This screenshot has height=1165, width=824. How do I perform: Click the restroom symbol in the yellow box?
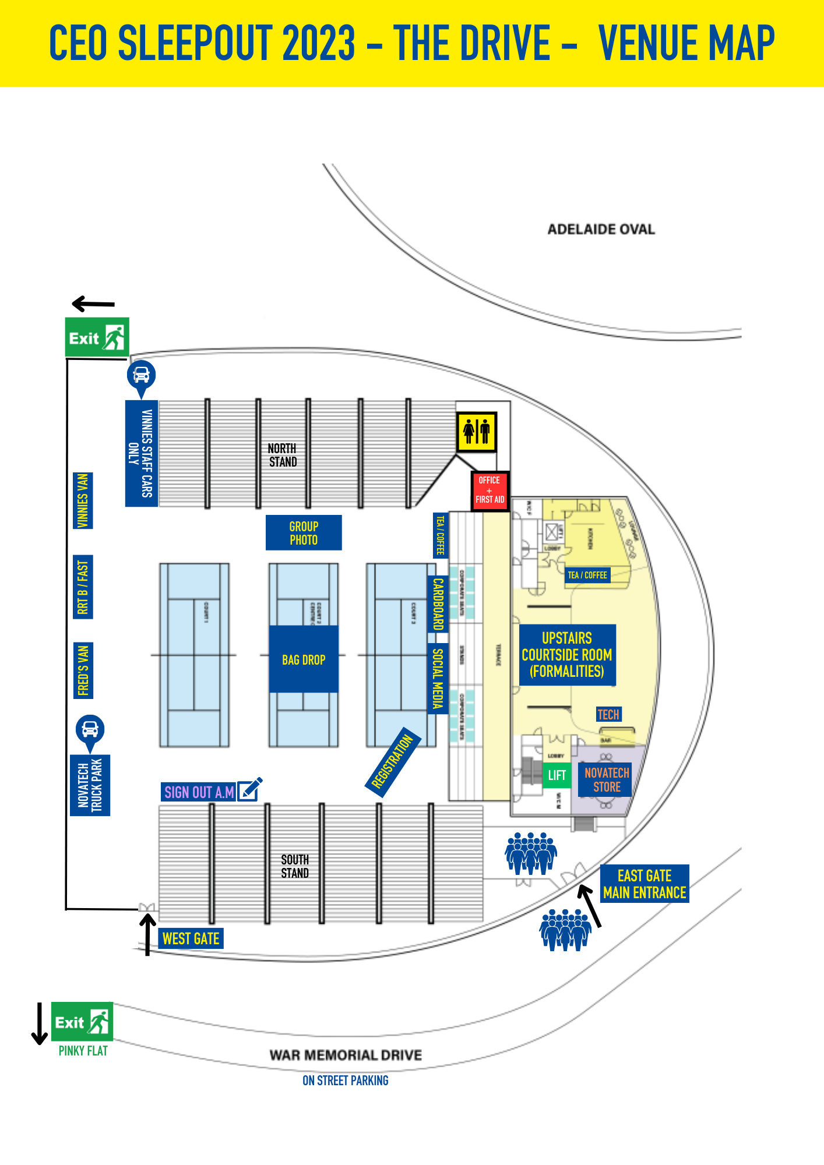point(476,432)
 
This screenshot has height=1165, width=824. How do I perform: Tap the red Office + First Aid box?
point(490,490)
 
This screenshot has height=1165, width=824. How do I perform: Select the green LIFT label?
point(557,775)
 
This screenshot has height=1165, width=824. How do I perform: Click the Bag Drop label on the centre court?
point(304,660)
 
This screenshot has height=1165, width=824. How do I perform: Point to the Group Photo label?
point(304,532)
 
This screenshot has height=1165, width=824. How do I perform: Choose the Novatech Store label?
point(607,780)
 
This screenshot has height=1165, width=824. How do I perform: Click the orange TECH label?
point(608,715)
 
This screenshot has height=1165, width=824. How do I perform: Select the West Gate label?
point(191,938)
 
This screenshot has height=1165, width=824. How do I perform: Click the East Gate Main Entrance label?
point(645,884)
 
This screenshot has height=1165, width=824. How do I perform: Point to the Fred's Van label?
point(83,670)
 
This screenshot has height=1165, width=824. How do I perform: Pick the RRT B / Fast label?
point(83,587)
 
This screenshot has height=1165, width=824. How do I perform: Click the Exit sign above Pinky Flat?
point(82,1022)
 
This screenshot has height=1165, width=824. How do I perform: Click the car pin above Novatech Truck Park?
point(90,730)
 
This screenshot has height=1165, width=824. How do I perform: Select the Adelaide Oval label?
point(601,230)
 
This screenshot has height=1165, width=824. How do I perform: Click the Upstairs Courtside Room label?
point(567,655)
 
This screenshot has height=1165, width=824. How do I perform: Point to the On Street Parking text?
point(345,1081)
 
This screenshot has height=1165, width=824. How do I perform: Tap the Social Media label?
point(438,679)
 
